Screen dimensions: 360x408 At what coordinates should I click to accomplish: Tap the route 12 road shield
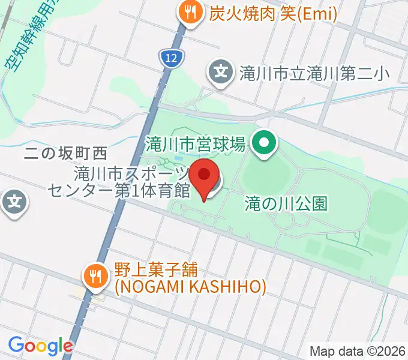pos(170,58)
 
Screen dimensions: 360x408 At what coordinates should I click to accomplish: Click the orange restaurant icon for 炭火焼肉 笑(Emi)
pos(190,13)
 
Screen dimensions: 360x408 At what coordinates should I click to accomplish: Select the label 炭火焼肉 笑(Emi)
pos(272,13)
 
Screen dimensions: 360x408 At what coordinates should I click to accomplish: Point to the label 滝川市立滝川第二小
pos(314,74)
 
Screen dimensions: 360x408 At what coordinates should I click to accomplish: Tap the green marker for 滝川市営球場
pos(262,143)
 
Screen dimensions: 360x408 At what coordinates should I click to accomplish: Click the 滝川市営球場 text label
pos(196,143)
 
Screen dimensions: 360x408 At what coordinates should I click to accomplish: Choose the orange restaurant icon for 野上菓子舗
pos(94,277)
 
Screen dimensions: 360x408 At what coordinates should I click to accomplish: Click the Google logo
pos(41,346)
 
